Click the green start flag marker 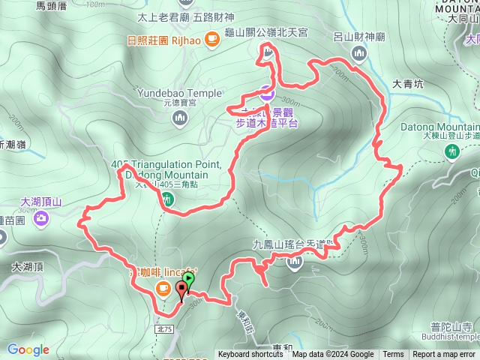pos(188,280)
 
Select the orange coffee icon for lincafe pos(161,288)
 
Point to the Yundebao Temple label pos(179,93)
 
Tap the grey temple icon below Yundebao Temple pos(179,118)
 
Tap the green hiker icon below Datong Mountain pos(451,151)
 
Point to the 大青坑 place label pos(407,85)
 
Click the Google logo pos(28,349)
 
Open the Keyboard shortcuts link pos(250,355)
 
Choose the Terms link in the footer pos(393,355)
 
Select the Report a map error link pos(445,355)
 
